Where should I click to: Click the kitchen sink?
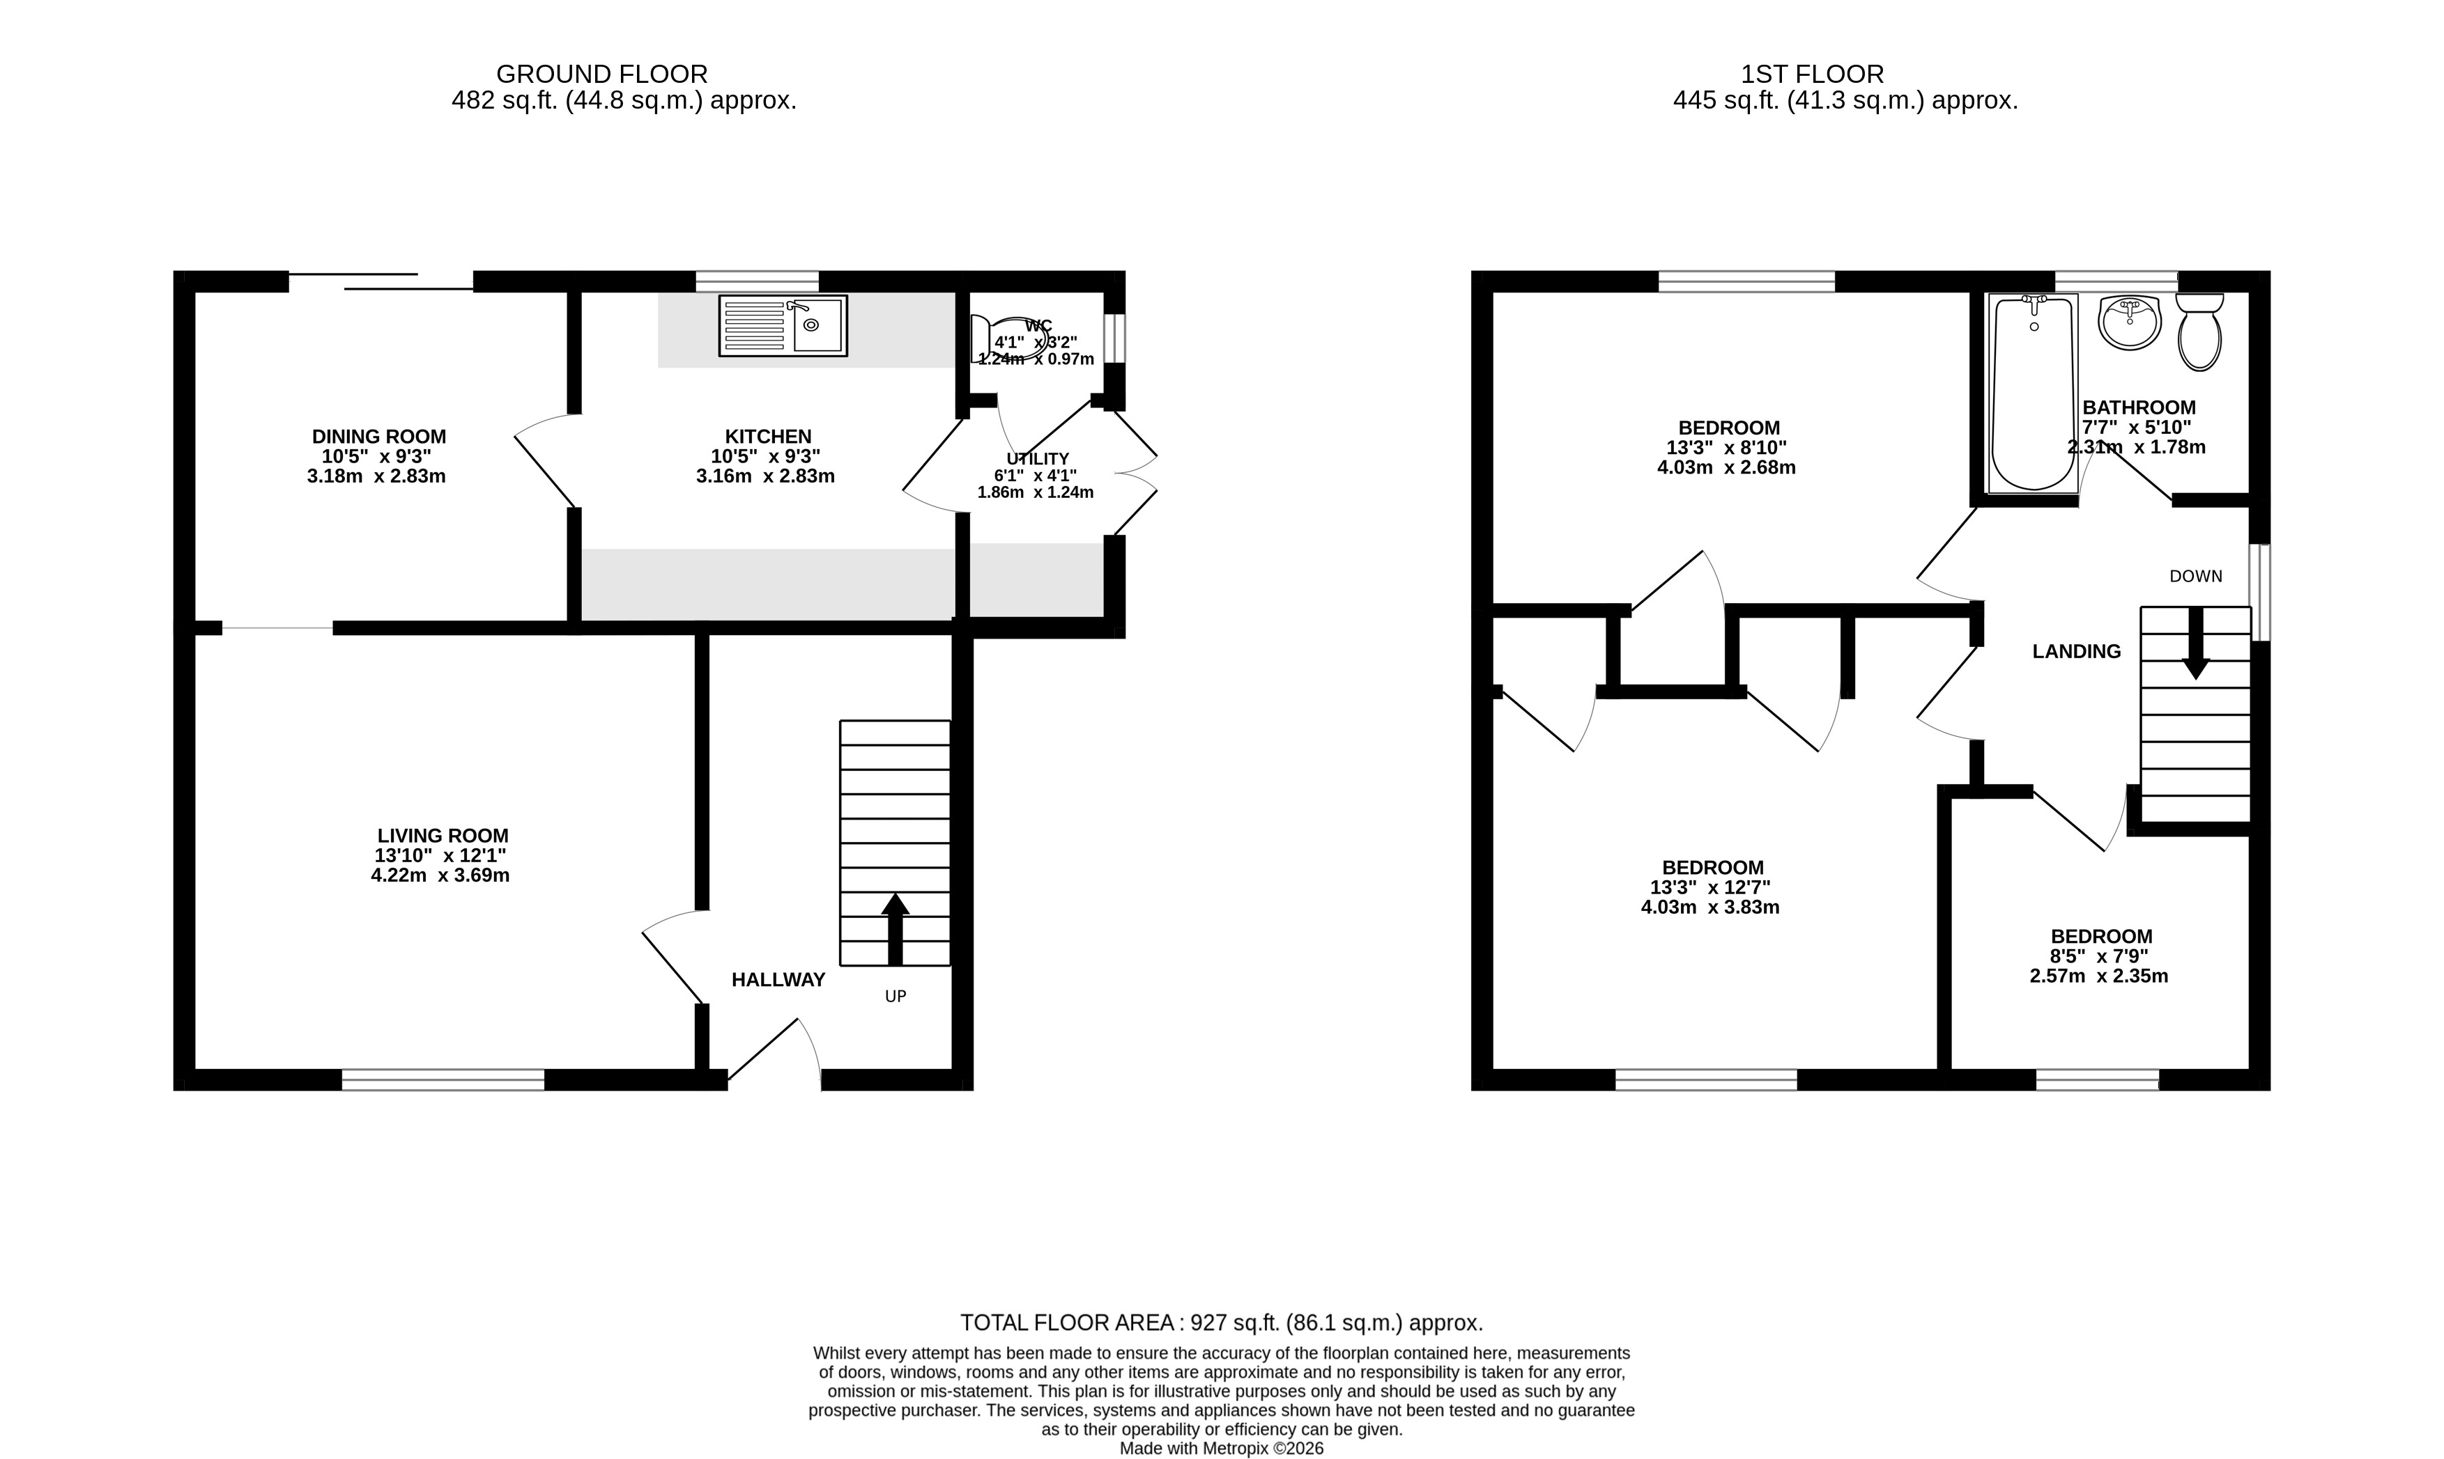tap(783, 325)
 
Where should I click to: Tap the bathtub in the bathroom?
tap(2033, 393)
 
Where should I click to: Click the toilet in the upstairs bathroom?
tap(2200, 331)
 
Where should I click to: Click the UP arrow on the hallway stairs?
tap(895, 928)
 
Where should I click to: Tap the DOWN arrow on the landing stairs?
tap(2196, 643)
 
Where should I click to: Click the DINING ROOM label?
tap(378, 437)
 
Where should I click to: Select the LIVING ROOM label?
tap(443, 836)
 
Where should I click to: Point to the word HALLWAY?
tap(778, 979)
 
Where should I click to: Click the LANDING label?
tap(2076, 651)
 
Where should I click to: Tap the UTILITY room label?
tap(1038, 459)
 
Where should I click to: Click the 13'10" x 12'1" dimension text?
tap(440, 855)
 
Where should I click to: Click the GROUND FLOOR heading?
tap(602, 74)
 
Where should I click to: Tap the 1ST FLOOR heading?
tap(1813, 74)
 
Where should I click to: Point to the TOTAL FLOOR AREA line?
tap(1222, 1323)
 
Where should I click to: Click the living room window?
tap(443, 1079)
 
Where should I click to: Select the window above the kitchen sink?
tap(758, 281)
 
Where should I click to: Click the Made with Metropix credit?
tap(1222, 1448)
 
